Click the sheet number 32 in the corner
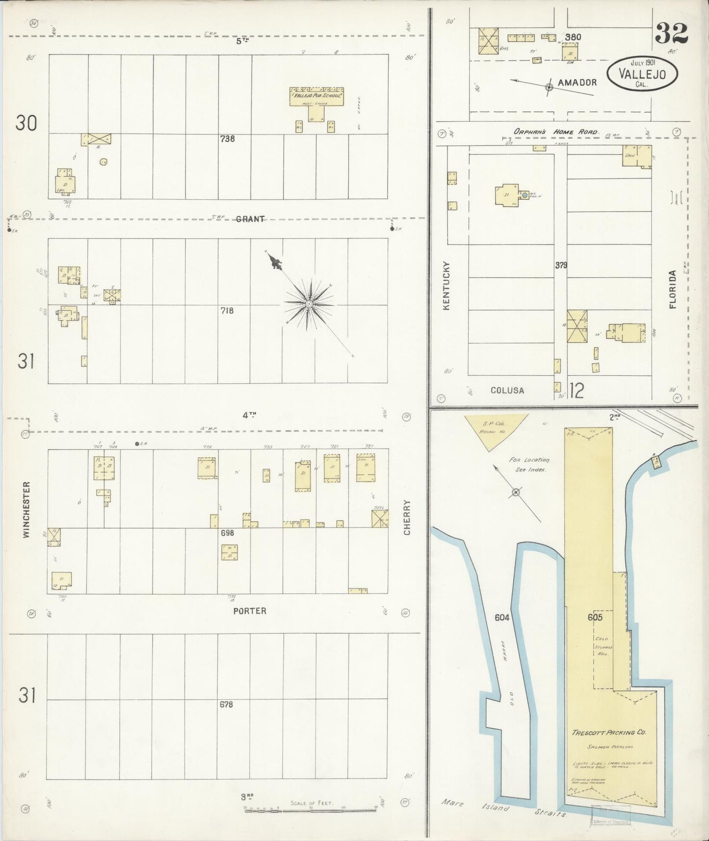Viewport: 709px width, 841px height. [x=671, y=34]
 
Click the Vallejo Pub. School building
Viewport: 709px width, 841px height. [x=316, y=98]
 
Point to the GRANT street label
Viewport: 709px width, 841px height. [x=250, y=219]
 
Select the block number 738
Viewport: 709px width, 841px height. [x=227, y=139]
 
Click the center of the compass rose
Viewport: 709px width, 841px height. [x=309, y=304]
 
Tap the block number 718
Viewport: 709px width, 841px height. [x=227, y=311]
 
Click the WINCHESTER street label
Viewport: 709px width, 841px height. [x=27, y=509]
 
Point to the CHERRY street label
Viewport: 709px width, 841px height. [x=407, y=517]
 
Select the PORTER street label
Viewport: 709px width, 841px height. [x=250, y=611]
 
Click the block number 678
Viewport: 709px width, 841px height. [x=226, y=705]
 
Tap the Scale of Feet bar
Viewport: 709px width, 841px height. [x=312, y=810]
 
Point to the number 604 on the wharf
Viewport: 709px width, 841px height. [x=502, y=618]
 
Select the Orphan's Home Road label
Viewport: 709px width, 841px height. [x=556, y=132]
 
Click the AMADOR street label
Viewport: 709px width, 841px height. [x=577, y=82]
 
